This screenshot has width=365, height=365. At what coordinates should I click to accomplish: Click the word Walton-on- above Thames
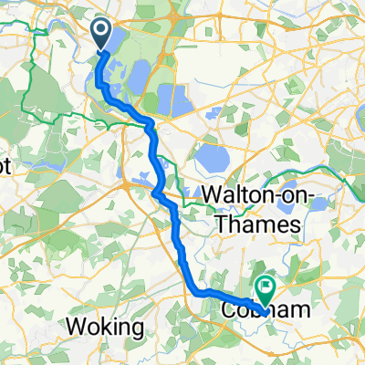pyautogui.click(x=254, y=196)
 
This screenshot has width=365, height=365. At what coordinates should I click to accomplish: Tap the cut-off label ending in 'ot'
pyautogui.click(x=7, y=170)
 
